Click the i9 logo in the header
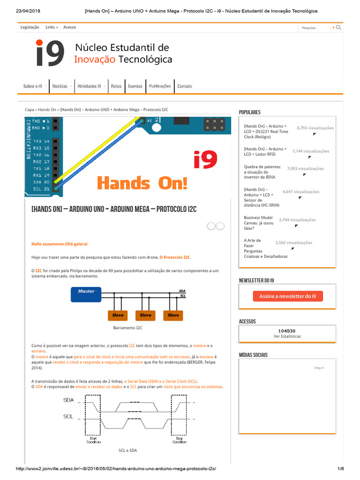click(x=50, y=53)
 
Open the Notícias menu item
click(x=60, y=86)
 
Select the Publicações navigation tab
click(x=160, y=86)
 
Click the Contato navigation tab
click(x=184, y=86)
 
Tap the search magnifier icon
click(x=338, y=28)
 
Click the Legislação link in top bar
click(x=30, y=27)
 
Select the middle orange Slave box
click(x=145, y=315)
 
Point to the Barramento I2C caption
click(x=127, y=328)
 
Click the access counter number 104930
click(x=286, y=330)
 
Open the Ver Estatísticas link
click(x=287, y=337)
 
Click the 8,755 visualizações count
click(x=315, y=128)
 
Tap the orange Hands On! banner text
click(x=142, y=183)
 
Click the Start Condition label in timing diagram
click(x=94, y=440)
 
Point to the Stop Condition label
click(x=179, y=440)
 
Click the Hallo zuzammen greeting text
click(x=59, y=244)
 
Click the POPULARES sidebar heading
click(x=249, y=112)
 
